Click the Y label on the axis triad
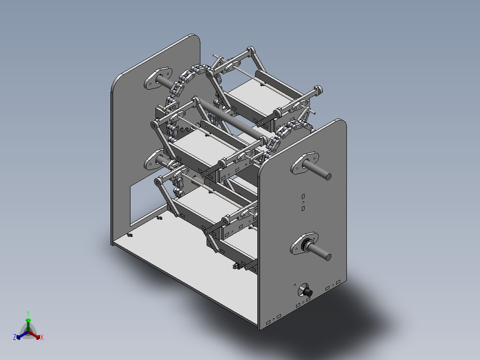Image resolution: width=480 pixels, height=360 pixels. (x=28, y=313)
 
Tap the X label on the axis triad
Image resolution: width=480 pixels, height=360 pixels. (x=42, y=338)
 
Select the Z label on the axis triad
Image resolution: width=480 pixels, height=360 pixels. (x=15, y=338)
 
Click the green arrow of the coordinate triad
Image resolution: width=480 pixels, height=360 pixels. (x=28, y=323)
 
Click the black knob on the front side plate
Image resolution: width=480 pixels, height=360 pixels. (x=306, y=292)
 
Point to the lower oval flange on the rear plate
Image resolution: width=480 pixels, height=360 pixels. (x=154, y=159)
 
